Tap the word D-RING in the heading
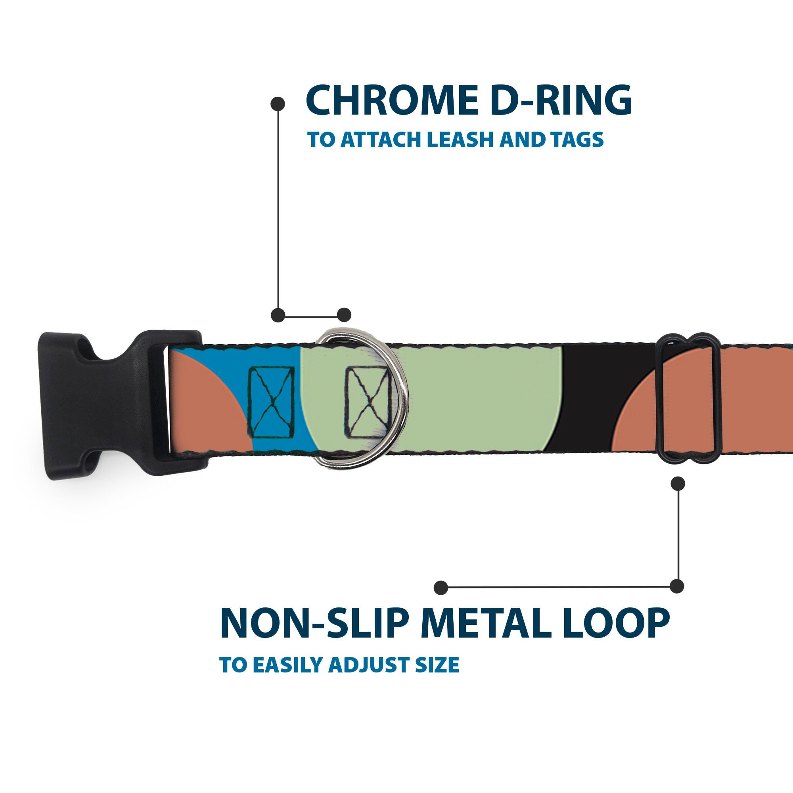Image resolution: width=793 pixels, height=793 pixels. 560,101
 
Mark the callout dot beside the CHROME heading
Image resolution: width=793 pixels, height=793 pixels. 278,104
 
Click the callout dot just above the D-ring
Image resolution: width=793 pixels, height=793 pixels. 344,315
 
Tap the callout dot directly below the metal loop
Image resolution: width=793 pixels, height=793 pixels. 677,483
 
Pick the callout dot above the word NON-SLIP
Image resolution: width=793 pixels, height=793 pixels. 441,587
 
